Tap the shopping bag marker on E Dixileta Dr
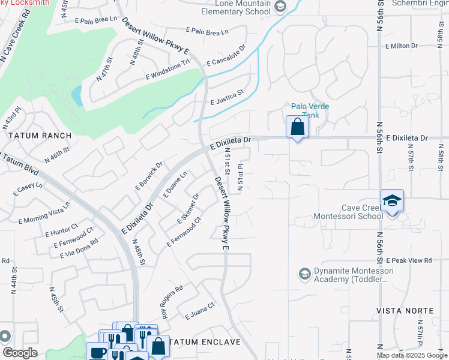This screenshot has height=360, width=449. pos(297,127)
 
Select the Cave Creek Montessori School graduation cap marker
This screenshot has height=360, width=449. pos(392,201)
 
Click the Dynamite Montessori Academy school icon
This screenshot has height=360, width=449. pos(304,274)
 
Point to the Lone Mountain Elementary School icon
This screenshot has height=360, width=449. pos(280,7)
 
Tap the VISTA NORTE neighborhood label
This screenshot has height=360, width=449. pos(405,311)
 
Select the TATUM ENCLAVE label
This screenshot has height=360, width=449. pos(205,342)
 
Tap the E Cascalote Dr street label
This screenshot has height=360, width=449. pos(226,55)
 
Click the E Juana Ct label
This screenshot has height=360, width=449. pos(200,313)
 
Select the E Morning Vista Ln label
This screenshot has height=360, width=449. pos(45,211)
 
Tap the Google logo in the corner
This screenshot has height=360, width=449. pos(20,353)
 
